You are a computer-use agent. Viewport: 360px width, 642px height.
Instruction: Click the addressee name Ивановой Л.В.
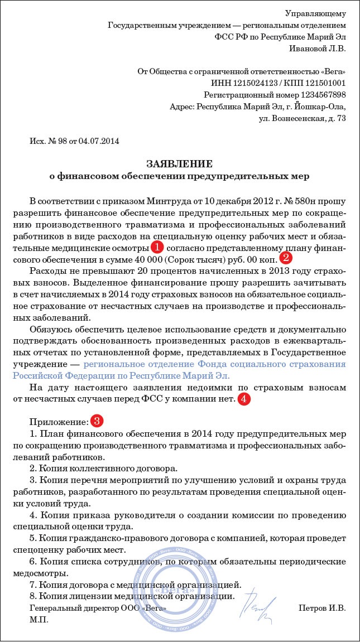pyautogui.click(x=318, y=49)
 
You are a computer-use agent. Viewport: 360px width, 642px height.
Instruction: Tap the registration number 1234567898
pyautogui.click(x=316, y=94)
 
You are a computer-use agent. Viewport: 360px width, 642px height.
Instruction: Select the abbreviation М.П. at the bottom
pyautogui.click(x=39, y=619)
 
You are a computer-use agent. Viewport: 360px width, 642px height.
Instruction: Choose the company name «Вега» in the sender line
pyautogui.click(x=333, y=72)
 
